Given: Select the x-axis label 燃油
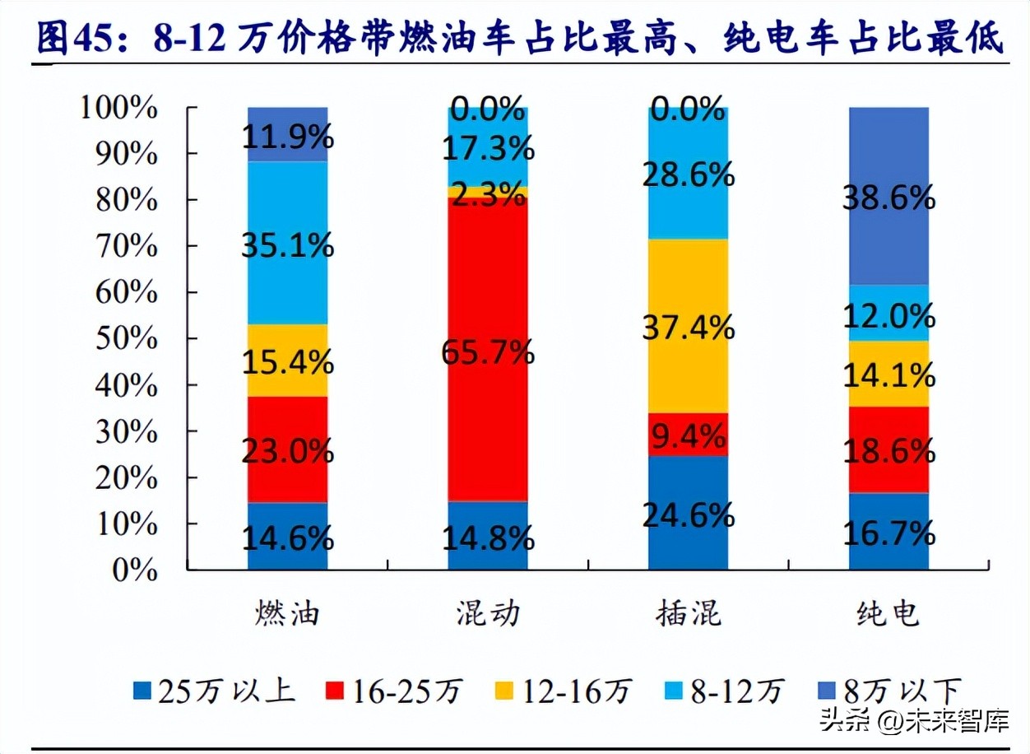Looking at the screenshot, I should coord(287,613).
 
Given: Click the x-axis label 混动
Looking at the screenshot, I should coord(488,613).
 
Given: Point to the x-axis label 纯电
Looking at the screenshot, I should coord(888,613).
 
